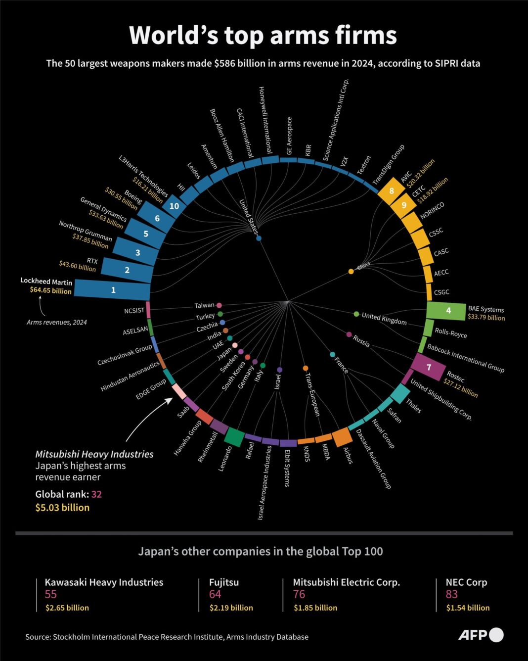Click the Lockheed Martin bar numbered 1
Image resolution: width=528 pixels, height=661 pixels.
[x=113, y=290]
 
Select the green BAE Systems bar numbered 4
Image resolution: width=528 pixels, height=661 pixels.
[x=446, y=311]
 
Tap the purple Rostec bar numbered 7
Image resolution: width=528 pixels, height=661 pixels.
[x=428, y=367]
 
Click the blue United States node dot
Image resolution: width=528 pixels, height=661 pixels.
[x=259, y=238]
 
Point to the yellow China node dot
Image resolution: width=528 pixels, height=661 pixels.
[x=351, y=271]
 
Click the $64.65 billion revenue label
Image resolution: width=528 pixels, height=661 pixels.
[x=50, y=290]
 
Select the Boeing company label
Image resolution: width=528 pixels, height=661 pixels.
[x=133, y=196]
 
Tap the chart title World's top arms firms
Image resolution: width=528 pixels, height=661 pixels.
[x=263, y=36]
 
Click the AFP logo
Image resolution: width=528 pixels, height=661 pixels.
[x=481, y=635]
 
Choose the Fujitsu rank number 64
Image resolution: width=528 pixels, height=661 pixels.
[x=215, y=594]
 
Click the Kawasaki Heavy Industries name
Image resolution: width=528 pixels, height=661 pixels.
[x=104, y=582]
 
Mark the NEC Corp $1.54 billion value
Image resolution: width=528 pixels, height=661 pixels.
[x=468, y=608]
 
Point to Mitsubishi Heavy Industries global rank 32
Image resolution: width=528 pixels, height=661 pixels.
[x=96, y=494]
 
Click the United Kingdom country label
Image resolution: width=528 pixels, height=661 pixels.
[x=384, y=318]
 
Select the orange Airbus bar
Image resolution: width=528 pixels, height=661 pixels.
[x=342, y=437]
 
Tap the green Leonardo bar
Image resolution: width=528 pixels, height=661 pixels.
[x=234, y=437]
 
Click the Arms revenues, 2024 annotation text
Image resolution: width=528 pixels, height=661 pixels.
[x=57, y=322]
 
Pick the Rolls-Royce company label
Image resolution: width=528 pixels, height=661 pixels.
[x=451, y=333]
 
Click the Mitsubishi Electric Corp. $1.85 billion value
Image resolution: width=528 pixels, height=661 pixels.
[x=315, y=608]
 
